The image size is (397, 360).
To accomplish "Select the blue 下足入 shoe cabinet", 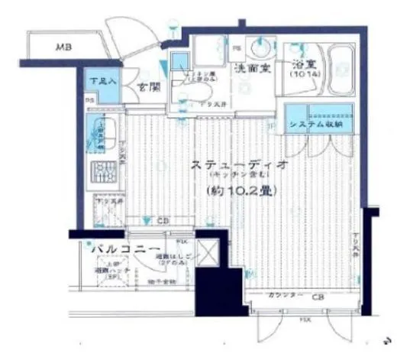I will click(98, 85).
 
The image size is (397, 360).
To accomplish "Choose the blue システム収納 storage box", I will click(319, 118).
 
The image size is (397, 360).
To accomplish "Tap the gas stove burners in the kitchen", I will click(102, 174).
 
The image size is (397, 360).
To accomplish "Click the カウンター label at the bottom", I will click(283, 294).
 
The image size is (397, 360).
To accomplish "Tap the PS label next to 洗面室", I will click(237, 48).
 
